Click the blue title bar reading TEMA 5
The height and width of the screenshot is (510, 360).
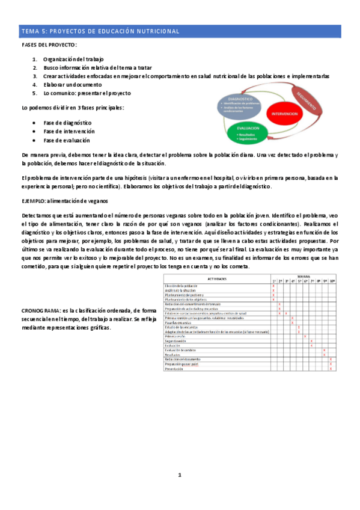coord(180,31)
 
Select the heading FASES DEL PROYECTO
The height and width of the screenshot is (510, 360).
coord(49,46)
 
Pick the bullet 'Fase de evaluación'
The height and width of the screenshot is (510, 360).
coord(67,140)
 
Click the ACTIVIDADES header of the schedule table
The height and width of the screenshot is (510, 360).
coord(216,280)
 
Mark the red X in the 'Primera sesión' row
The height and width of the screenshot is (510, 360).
coord(305,336)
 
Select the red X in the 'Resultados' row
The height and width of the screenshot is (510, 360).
coord(324,355)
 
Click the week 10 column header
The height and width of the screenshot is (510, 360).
coord(331,281)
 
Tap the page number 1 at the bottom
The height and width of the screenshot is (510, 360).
coord(179,475)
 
